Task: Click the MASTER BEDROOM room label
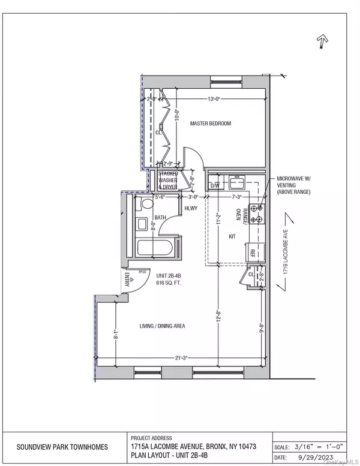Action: pyautogui.click(x=210, y=124)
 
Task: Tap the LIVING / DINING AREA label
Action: pyautogui.click(x=162, y=326)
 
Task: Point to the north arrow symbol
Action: pyautogui.click(x=322, y=42)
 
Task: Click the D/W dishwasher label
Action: pyautogui.click(x=214, y=186)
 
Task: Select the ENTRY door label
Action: pyautogui.click(x=127, y=279)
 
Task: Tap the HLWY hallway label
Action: pyautogui.click(x=191, y=208)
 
